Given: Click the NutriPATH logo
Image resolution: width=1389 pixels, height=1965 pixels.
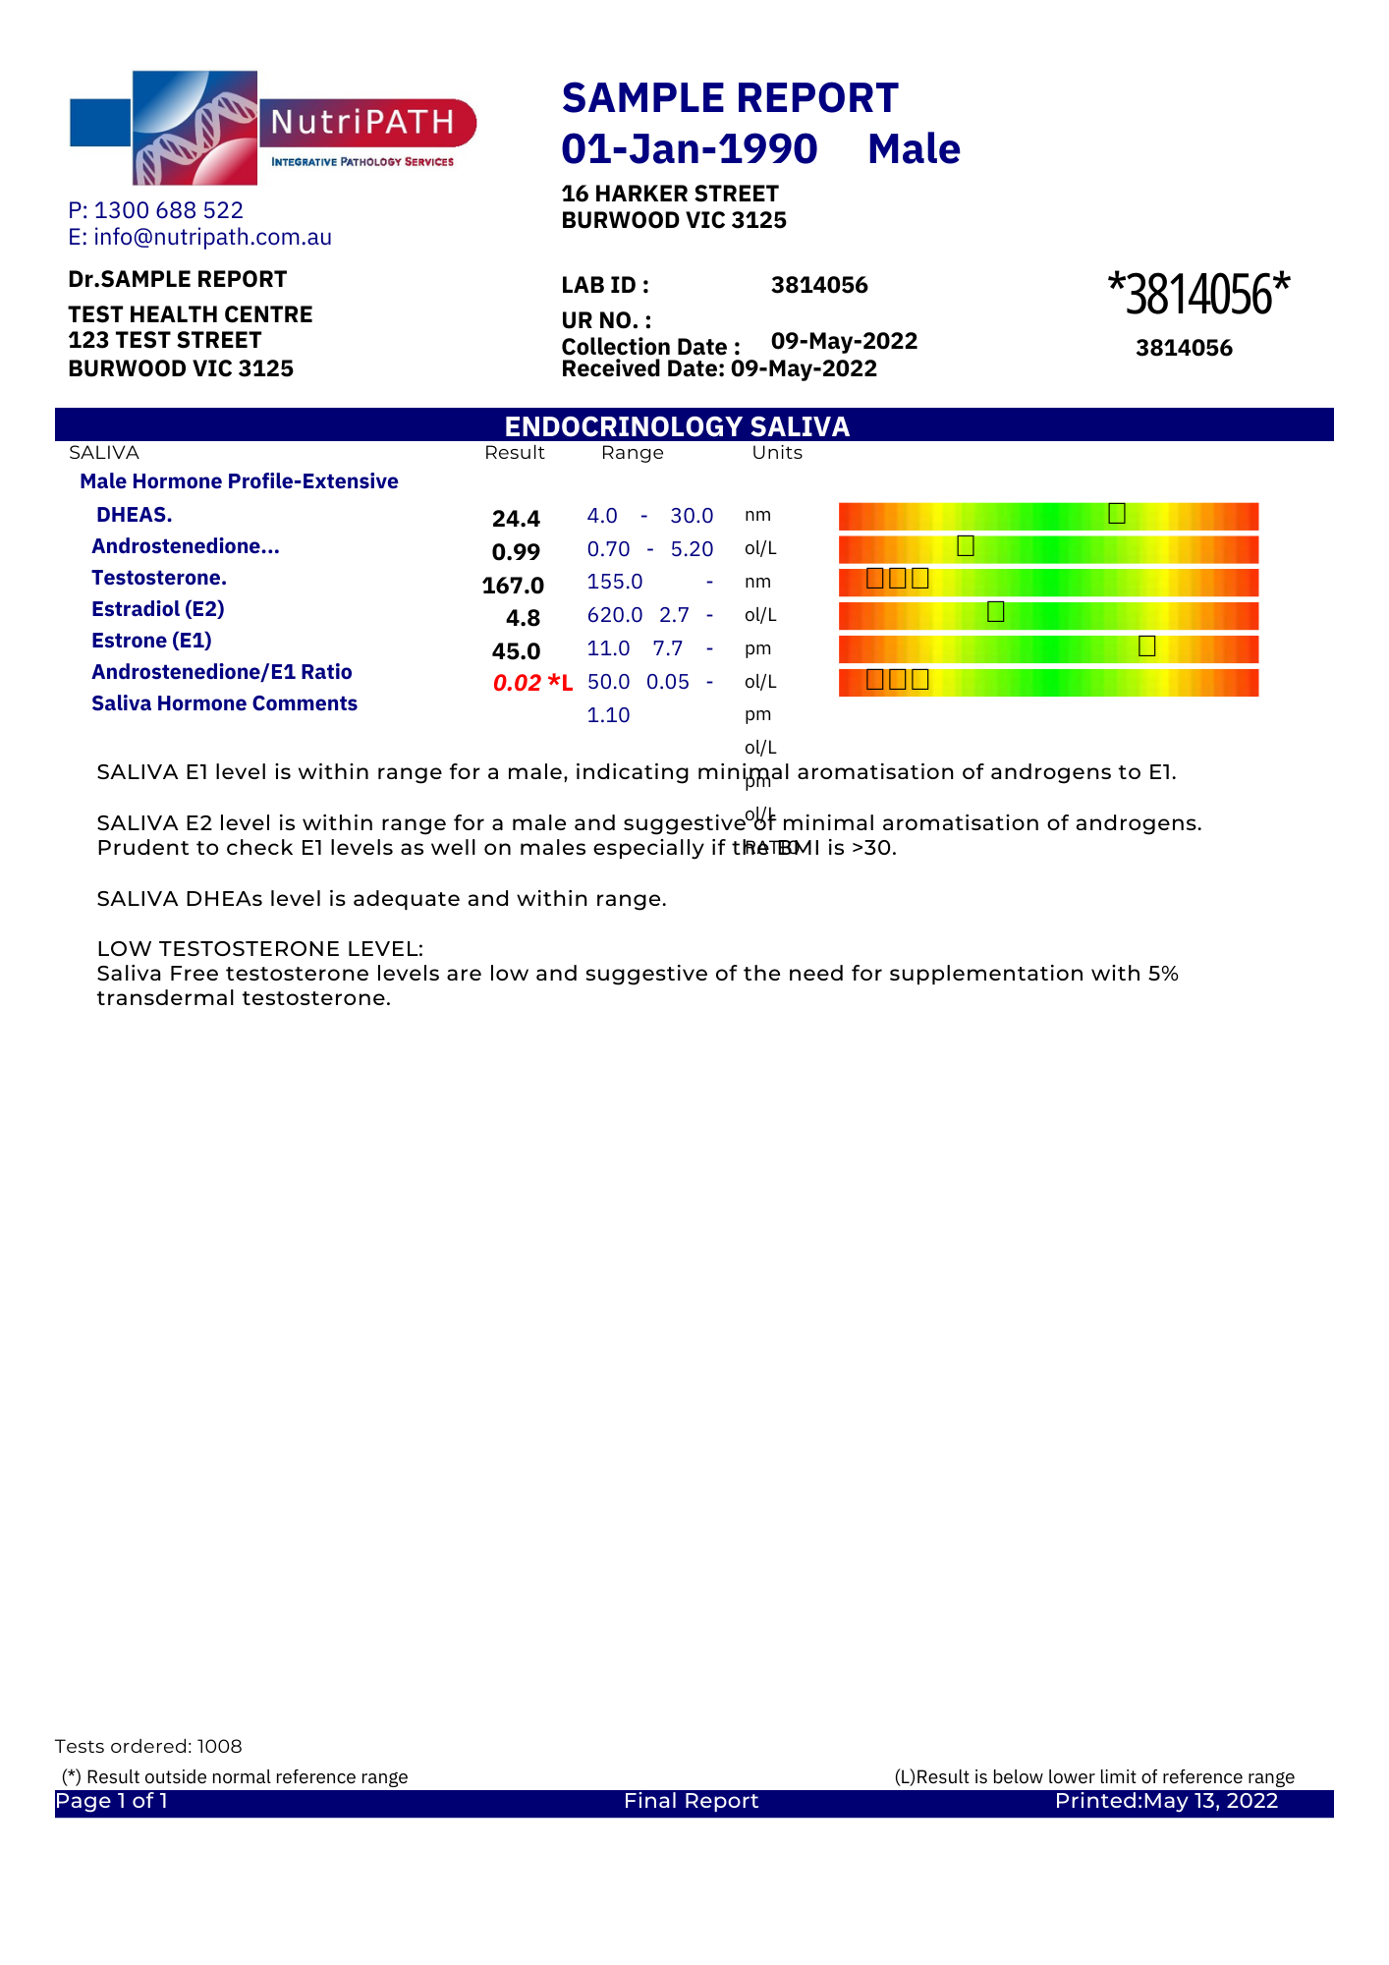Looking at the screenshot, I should [272, 128].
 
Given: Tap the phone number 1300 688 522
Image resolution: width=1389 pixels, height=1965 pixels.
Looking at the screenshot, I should [168, 210].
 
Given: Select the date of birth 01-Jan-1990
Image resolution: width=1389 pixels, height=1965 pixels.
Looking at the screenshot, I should [689, 149].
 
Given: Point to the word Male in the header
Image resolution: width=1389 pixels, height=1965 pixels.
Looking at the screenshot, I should [914, 149].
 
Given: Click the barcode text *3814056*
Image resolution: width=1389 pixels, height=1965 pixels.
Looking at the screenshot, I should [1197, 294].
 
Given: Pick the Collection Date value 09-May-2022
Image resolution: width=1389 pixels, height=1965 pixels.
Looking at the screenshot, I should [844, 341].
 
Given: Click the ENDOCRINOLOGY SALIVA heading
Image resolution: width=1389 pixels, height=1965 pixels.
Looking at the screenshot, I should [677, 426].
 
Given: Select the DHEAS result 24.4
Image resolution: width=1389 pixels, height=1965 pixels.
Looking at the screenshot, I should [516, 519].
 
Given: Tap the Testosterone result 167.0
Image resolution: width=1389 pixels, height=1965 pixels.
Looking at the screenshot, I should [513, 586].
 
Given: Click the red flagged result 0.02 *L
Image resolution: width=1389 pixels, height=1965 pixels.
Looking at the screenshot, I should [531, 683].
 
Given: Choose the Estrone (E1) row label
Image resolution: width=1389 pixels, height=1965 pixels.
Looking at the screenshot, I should [151, 641].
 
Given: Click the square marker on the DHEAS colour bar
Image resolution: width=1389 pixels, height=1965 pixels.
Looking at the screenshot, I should [1116, 513].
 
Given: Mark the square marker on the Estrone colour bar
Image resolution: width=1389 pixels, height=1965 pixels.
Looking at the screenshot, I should [1146, 646].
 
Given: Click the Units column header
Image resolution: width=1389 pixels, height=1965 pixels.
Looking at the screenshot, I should [777, 453].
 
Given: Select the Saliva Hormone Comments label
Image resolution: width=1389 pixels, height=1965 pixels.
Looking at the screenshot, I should [224, 703].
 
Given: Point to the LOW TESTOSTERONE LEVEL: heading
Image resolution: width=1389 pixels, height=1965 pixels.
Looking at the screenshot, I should [259, 949].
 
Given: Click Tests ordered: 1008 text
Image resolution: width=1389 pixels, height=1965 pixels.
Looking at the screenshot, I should [148, 1746].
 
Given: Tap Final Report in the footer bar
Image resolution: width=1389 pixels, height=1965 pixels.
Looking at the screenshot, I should [691, 1801].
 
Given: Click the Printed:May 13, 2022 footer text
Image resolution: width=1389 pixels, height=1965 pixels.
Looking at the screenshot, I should [1166, 1801].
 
